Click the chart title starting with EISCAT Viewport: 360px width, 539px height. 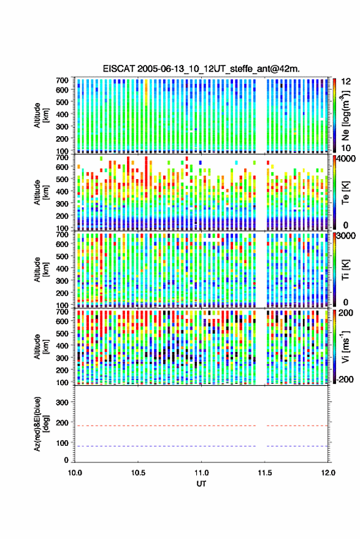click(x=201, y=69)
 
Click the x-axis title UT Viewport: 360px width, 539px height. click(x=202, y=484)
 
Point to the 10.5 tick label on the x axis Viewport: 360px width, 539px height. click(x=138, y=473)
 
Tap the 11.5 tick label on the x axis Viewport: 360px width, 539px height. click(x=264, y=473)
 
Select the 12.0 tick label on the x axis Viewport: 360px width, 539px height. click(x=328, y=473)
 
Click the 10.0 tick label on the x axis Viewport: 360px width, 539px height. click(x=75, y=473)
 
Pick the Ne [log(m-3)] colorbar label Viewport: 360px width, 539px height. click(x=345, y=115)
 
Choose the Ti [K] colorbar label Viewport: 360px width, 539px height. click(x=346, y=270)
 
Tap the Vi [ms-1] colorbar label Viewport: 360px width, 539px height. click(x=345, y=346)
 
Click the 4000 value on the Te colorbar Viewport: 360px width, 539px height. click(x=346, y=158)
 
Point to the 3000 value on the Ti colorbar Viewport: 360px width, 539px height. click(x=346, y=235)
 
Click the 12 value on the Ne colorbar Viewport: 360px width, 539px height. click(x=347, y=82)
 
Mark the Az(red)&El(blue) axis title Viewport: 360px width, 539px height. click(x=40, y=424)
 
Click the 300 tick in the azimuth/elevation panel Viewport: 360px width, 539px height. click(x=62, y=402)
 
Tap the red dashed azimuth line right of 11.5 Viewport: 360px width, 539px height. click(x=297, y=426)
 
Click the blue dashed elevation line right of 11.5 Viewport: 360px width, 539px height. click(x=297, y=446)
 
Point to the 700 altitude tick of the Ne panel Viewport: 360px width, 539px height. click(x=62, y=80)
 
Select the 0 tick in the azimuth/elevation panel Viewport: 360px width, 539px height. click(x=66, y=460)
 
